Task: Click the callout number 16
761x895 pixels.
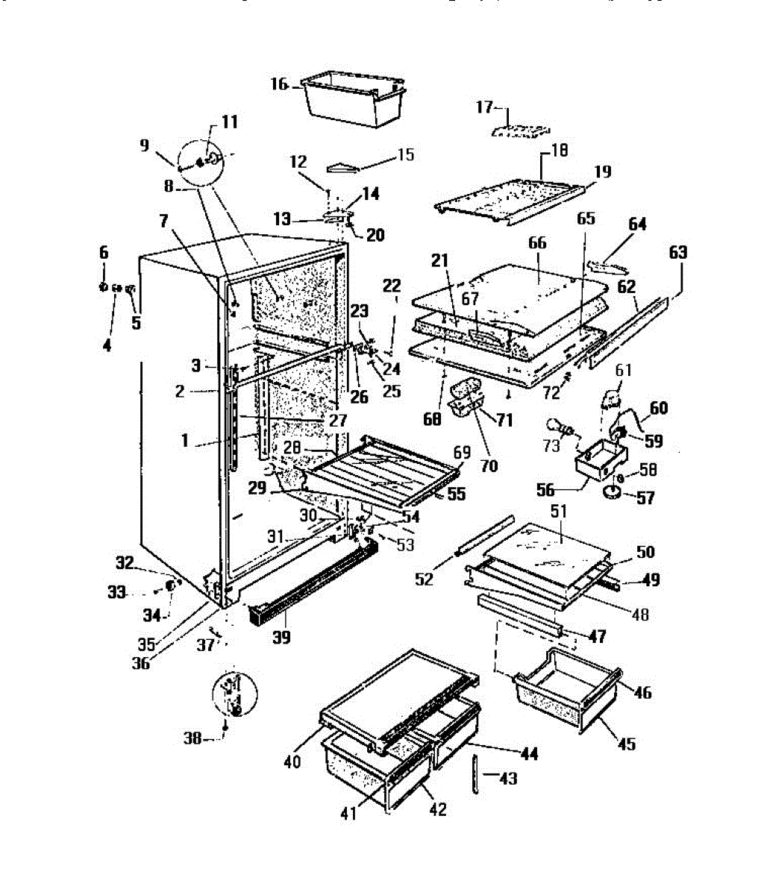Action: coord(279,85)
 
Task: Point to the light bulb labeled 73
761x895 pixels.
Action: coord(559,427)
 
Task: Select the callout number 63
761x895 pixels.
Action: coord(677,253)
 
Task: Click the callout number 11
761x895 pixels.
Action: coord(229,122)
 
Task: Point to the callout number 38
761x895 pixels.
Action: coord(192,738)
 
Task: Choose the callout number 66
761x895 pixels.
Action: coord(536,244)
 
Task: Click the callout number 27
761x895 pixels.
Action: coord(338,420)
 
